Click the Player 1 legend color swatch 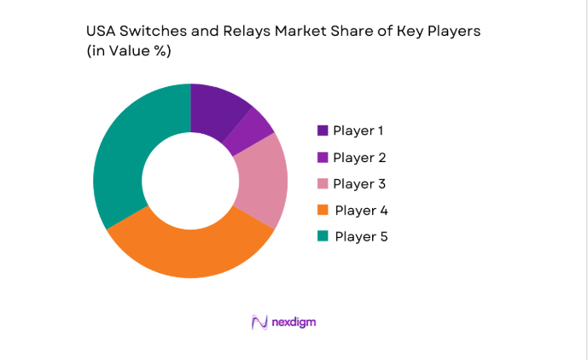[323, 131]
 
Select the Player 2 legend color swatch [323, 157]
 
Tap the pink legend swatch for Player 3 [323, 183]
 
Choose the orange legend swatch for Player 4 [323, 210]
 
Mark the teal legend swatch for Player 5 [323, 236]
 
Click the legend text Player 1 [359, 131]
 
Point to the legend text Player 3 [359, 183]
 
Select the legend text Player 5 [361, 236]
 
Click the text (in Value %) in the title [129, 51]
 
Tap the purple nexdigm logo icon [259, 322]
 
